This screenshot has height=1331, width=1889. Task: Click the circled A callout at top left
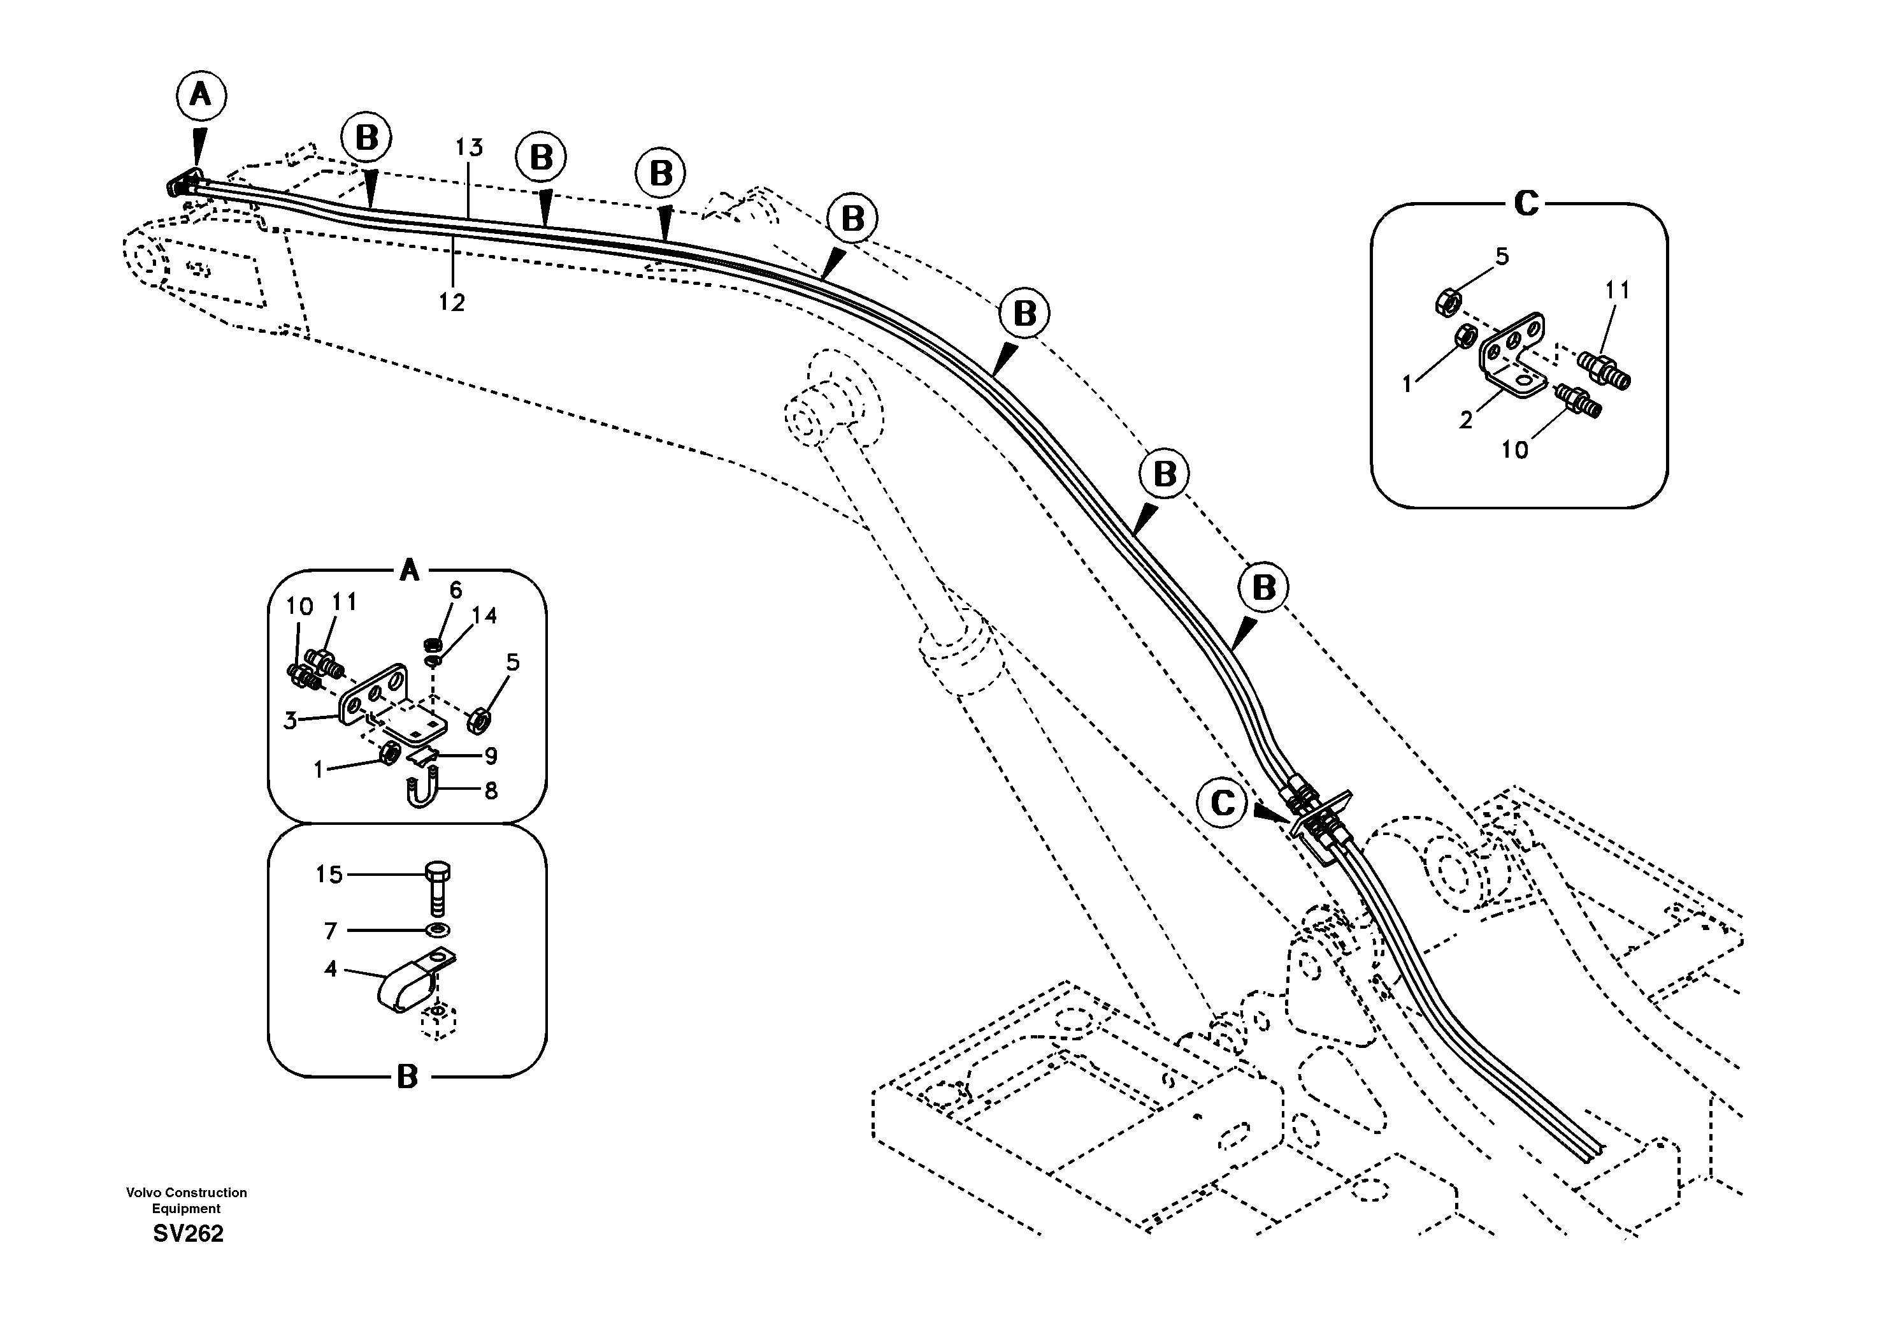pyautogui.click(x=201, y=96)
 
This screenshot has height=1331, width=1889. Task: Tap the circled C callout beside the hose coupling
pyautogui.click(x=1223, y=803)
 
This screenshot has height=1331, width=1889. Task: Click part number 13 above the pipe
pyautogui.click(x=469, y=148)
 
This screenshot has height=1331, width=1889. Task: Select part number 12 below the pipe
pyautogui.click(x=451, y=303)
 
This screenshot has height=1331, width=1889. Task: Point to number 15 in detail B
pyautogui.click(x=329, y=874)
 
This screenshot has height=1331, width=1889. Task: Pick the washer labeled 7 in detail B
pyautogui.click(x=438, y=930)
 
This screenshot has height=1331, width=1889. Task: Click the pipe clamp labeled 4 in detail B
pyautogui.click(x=403, y=988)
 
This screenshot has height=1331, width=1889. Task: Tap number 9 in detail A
pyautogui.click(x=491, y=755)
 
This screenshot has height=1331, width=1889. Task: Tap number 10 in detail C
pyautogui.click(x=1514, y=450)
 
